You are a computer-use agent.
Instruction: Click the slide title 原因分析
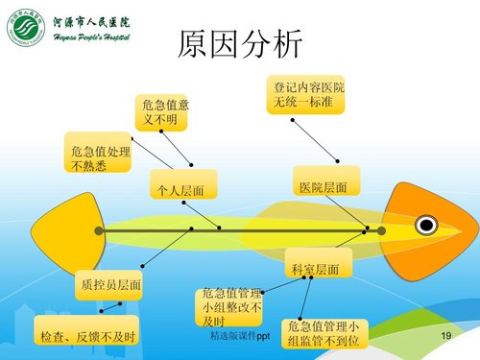click(240, 43)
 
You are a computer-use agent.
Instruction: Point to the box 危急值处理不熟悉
click(95, 156)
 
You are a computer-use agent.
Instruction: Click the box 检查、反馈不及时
click(84, 336)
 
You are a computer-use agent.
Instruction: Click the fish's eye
click(425, 226)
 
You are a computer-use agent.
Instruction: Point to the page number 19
click(444, 335)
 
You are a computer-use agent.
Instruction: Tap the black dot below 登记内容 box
click(291, 121)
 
